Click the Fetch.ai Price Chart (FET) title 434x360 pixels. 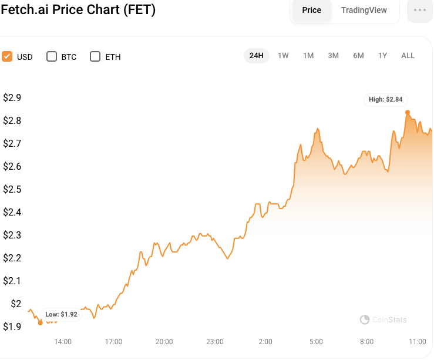[x=78, y=11]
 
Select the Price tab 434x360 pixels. [x=311, y=10]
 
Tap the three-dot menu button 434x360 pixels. [x=419, y=10]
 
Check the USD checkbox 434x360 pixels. [x=8, y=56]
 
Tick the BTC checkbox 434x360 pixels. [x=52, y=56]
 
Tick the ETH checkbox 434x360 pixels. [x=95, y=56]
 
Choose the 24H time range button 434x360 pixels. [x=256, y=55]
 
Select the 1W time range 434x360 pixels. [x=283, y=55]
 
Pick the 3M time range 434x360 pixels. [x=333, y=55]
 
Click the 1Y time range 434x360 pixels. [x=382, y=55]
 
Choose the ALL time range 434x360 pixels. [x=408, y=55]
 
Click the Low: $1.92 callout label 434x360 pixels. [x=61, y=314]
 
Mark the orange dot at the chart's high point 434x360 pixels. [x=408, y=112]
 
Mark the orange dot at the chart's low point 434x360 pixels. [x=40, y=322]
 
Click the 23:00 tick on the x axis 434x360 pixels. [x=215, y=342]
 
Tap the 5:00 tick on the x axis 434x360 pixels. [x=316, y=342]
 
